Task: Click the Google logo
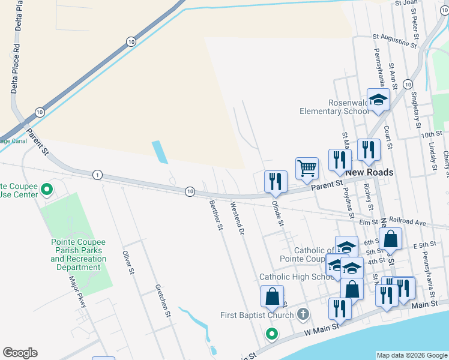coord(20,353)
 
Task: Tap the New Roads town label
coord(369,172)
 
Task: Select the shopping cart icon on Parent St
coord(307,170)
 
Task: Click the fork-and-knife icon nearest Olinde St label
coord(276,182)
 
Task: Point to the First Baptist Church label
coord(257,315)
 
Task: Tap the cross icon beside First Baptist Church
coord(303,314)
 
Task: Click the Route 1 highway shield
coord(97,175)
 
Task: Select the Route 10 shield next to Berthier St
coord(190,191)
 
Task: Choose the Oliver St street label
coord(127,262)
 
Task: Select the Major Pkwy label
coord(78,292)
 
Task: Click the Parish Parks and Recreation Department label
coord(78,254)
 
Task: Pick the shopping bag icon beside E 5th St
coord(390,239)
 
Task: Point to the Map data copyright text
coord(411,355)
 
